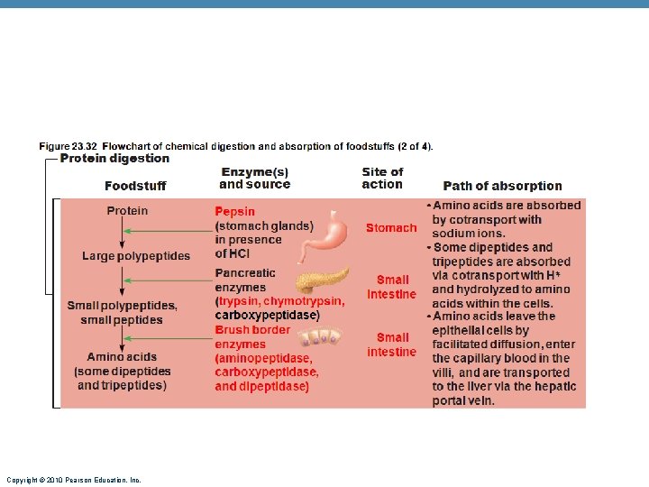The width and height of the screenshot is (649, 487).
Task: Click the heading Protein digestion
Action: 114,159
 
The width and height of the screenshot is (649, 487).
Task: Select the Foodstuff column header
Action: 135,186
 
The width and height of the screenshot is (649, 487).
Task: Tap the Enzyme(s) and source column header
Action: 255,178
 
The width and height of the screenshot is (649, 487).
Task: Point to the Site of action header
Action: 382,178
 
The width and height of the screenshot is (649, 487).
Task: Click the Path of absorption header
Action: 502,186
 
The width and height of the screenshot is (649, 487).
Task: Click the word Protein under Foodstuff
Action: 127,211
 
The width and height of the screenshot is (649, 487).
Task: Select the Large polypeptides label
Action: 136,256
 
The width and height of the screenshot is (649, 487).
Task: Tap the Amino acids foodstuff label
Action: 122,357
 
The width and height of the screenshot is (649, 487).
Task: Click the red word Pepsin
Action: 234,212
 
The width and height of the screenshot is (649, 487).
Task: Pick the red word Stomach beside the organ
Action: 391,228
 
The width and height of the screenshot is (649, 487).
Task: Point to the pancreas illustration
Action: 321,279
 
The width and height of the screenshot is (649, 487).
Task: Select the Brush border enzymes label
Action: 251,336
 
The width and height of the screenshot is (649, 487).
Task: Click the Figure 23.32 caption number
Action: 69,146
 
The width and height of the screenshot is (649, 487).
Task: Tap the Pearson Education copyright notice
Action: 73,480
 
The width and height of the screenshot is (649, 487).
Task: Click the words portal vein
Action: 463,400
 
